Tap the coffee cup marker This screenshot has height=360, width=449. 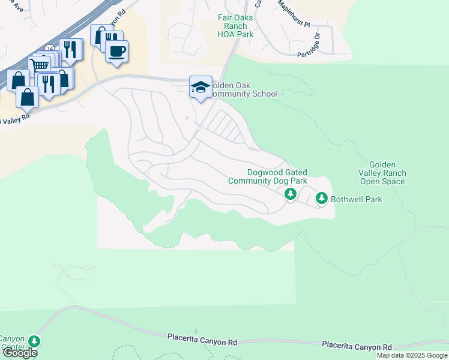pos(117,50)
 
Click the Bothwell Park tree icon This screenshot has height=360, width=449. pos(322,197)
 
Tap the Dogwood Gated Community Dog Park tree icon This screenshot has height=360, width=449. pos(290,193)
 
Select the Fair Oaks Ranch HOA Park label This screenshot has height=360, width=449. pos(235,26)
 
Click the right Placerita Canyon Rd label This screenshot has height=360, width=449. pos(357,346)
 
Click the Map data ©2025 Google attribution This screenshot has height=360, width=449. pos(412,355)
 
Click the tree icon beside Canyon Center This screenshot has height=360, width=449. pos(35,341)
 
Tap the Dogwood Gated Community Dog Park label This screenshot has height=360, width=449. pos(268,176)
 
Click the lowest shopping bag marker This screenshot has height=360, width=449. pos(28,95)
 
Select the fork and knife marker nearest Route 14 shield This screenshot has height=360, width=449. pos(71,50)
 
